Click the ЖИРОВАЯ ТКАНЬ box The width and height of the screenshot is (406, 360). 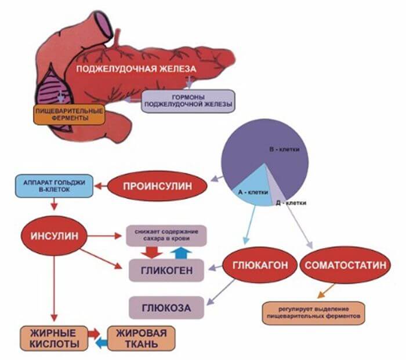[142, 339]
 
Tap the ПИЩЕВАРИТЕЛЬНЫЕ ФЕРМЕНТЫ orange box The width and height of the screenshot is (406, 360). [70, 113]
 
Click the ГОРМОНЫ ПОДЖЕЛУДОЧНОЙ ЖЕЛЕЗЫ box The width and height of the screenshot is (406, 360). [187, 101]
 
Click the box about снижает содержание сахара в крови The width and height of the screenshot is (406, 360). [166, 234]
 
